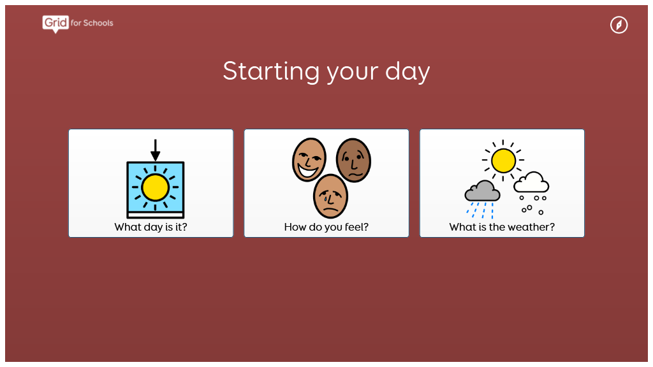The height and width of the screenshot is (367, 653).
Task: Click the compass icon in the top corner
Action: click(x=619, y=25)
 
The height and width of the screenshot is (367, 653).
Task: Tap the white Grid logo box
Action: click(x=55, y=23)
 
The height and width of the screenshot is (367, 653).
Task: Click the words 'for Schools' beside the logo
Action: click(x=92, y=23)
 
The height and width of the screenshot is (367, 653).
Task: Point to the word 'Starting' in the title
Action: click(x=271, y=71)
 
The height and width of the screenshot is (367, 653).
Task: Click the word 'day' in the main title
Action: click(x=407, y=71)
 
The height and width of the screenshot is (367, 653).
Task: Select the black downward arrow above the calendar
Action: click(x=156, y=150)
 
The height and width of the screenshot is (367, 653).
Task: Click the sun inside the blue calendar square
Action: click(x=156, y=188)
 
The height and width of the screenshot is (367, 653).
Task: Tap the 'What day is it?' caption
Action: click(x=150, y=227)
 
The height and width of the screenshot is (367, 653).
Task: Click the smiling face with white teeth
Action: click(x=309, y=160)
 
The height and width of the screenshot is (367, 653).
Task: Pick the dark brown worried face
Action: click(x=353, y=160)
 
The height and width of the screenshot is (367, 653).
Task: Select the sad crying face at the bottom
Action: click(x=331, y=196)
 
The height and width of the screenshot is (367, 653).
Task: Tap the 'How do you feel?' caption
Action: click(x=326, y=227)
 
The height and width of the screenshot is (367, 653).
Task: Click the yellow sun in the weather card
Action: click(x=503, y=161)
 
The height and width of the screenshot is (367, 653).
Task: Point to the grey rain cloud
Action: click(x=482, y=191)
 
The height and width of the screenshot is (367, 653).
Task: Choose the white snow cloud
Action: click(x=531, y=182)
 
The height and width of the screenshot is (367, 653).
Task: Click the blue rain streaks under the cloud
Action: click(x=480, y=210)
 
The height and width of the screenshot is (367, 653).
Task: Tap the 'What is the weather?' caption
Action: click(x=502, y=227)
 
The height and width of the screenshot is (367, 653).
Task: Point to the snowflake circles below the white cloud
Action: click(x=532, y=205)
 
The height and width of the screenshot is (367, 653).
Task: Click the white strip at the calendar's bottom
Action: click(x=156, y=215)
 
